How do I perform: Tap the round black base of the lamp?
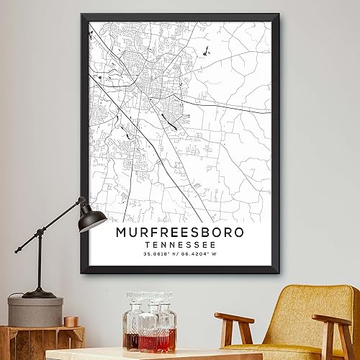click(39, 293)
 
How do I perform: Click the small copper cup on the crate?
click(71, 321)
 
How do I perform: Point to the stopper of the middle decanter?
click(150, 296)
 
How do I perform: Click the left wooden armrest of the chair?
click(234, 318)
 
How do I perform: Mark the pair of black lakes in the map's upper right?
click(205, 51)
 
